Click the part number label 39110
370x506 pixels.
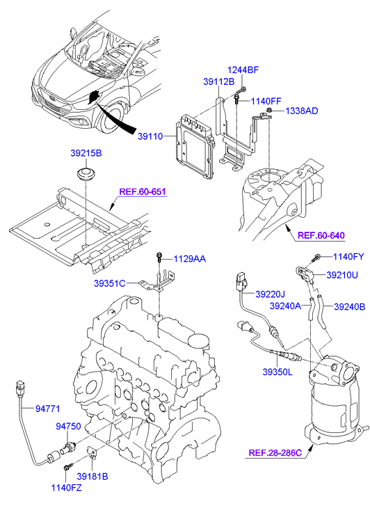click(x=150, y=136)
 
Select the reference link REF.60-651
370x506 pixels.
click(x=143, y=191)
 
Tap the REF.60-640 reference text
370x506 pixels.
click(x=321, y=235)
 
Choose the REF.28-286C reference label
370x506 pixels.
click(x=275, y=453)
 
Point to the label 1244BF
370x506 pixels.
click(x=243, y=70)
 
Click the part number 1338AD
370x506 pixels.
click(x=302, y=111)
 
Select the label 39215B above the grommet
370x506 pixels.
click(x=86, y=153)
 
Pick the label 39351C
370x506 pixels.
click(x=110, y=283)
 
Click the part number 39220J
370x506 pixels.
click(x=271, y=294)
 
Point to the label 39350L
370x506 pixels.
click(x=277, y=372)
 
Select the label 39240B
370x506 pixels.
click(x=350, y=306)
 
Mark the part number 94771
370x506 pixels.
click(x=48, y=409)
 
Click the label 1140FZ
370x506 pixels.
click(x=67, y=488)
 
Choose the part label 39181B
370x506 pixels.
click(x=92, y=476)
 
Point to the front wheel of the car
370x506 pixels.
click(x=111, y=118)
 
